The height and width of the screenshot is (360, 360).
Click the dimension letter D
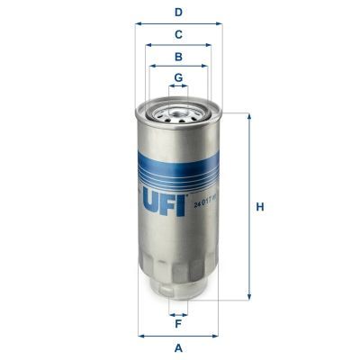point(179,12)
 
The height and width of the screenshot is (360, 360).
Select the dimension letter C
point(179,34)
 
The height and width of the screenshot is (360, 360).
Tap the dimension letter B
point(179,56)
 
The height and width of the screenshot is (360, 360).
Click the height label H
point(261,207)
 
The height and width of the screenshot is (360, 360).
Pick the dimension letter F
point(179,323)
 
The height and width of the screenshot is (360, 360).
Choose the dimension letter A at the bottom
point(179,347)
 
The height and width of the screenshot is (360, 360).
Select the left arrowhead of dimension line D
point(139,24)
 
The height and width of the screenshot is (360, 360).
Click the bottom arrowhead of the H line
point(248,298)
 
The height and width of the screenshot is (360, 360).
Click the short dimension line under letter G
point(179,87)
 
